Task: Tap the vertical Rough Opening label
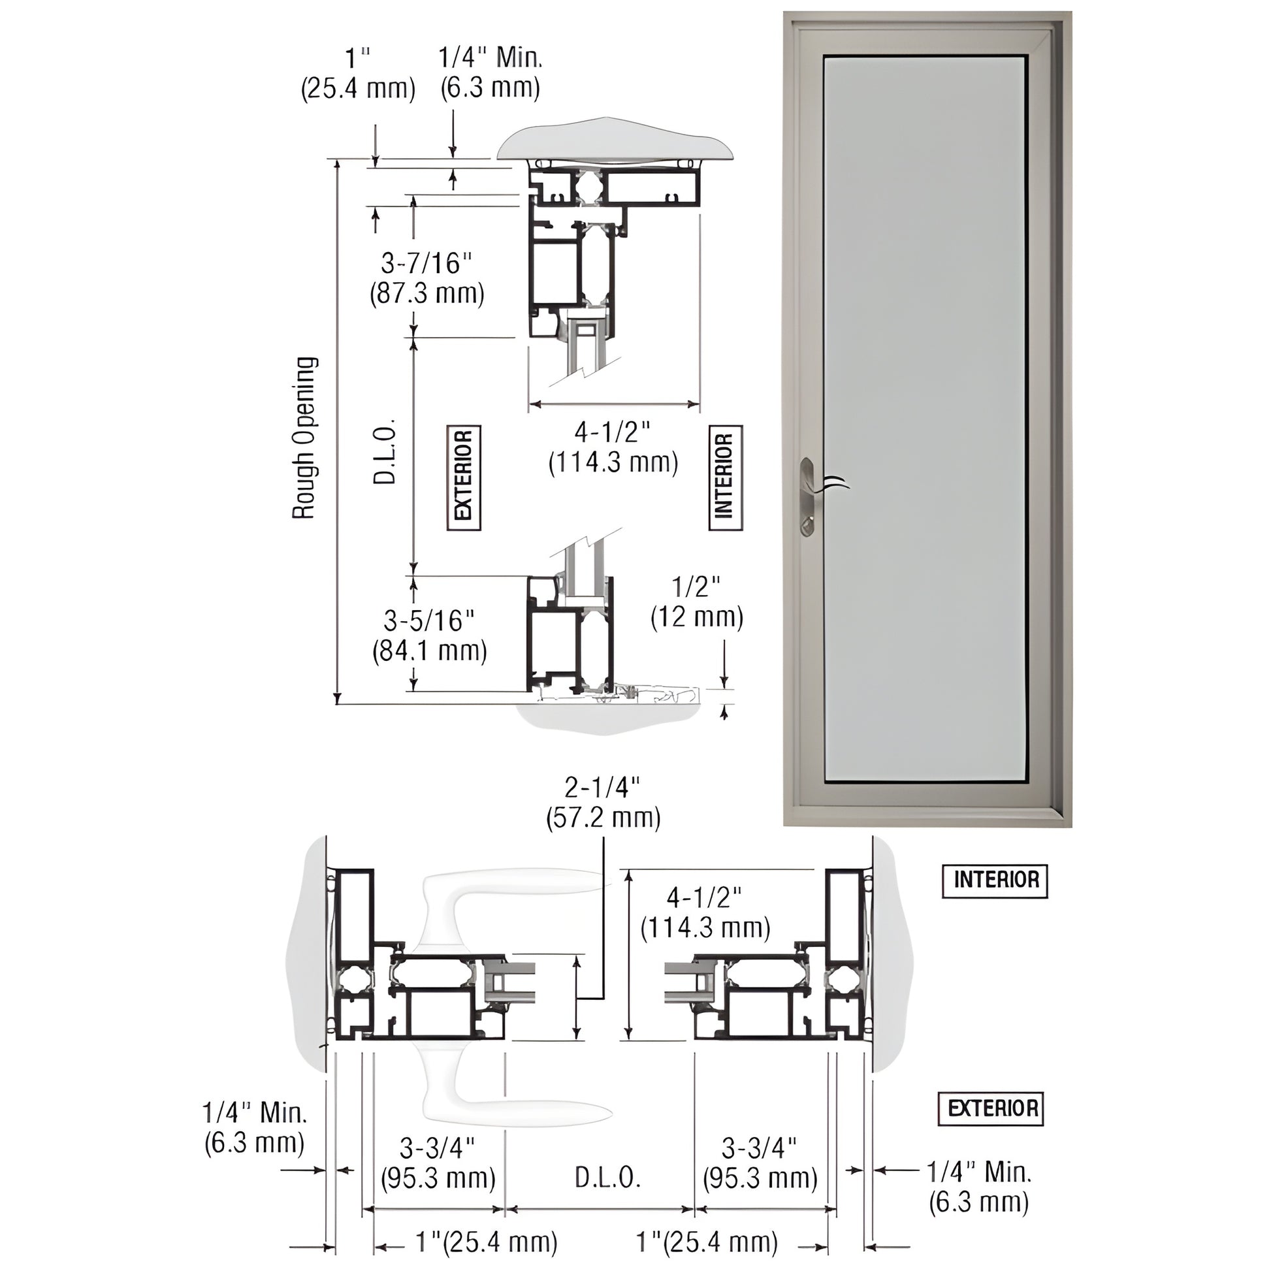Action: pos(304,438)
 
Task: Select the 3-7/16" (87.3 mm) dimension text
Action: pos(427,278)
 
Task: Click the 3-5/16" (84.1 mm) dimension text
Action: pos(430,635)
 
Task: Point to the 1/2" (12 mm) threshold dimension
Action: pos(697,602)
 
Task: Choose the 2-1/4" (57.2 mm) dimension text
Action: pos(603,802)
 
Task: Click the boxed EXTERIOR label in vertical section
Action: pos(464,477)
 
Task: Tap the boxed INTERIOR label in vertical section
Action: pos(725,477)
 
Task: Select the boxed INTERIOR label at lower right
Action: pos(995,881)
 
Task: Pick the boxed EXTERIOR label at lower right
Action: pos(991,1108)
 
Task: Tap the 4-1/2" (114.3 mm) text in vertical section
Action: pos(613,447)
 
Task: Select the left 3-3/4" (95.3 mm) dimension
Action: pos(438,1163)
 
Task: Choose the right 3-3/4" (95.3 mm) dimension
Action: pos(760,1163)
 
